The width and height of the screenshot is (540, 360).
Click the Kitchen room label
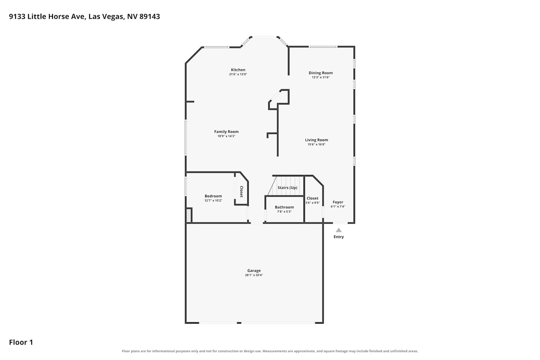238,70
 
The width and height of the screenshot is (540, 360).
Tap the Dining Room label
321,73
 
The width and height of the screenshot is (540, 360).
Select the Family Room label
226,132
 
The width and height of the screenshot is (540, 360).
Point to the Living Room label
316,140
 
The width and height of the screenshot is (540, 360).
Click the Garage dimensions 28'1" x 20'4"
254,275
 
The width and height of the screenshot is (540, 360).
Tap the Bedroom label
213,196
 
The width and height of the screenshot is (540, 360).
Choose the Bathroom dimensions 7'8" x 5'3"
284,212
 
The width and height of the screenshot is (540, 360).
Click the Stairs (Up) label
287,188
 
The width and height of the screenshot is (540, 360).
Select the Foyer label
338,202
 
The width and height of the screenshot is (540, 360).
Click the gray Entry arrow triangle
339,230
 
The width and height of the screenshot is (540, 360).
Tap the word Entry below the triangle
339,237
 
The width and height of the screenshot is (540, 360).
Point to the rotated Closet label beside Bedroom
241,192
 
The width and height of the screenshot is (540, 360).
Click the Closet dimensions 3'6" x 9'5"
312,203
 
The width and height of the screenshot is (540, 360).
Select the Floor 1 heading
21,342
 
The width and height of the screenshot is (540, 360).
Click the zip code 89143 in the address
150,17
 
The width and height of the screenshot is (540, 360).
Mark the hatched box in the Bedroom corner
189,216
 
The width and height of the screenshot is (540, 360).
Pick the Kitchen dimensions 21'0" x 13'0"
238,74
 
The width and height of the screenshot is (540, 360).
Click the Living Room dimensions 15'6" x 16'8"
316,144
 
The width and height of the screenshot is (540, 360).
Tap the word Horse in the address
59,17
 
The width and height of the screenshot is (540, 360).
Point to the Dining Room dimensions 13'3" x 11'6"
321,77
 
